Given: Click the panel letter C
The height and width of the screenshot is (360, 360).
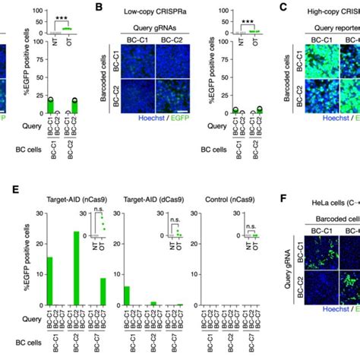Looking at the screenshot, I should pos(282,8).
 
